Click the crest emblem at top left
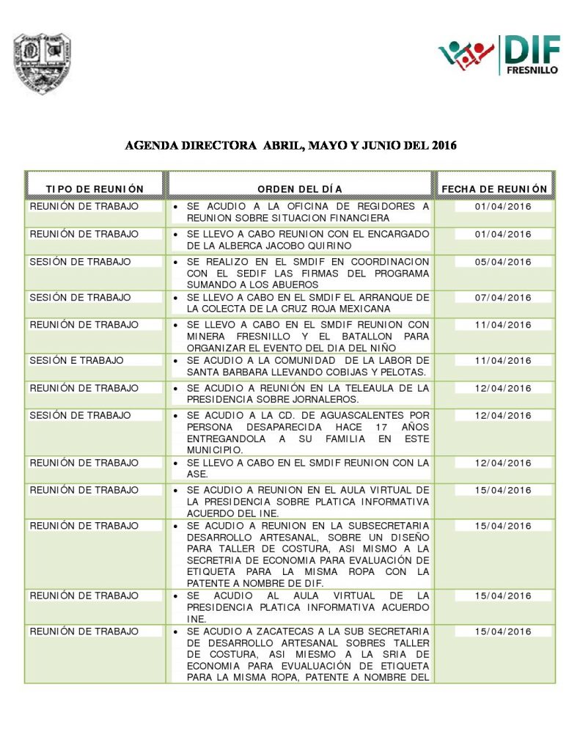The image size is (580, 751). pyautogui.click(x=42, y=63)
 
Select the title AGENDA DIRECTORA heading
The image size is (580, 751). pyautogui.click(x=290, y=145)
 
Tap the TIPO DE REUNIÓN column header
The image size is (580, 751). pyautogui.click(x=95, y=189)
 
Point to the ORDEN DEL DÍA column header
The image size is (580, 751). pyautogui.click(x=300, y=189)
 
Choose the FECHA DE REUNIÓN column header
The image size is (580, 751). pyautogui.click(x=494, y=189)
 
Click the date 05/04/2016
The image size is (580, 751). pyautogui.click(x=502, y=262)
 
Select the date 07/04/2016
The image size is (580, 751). pyautogui.click(x=502, y=298)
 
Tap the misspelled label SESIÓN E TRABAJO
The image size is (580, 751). pyautogui.click(x=76, y=360)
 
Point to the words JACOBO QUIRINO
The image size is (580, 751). pyautogui.click(x=319, y=246)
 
